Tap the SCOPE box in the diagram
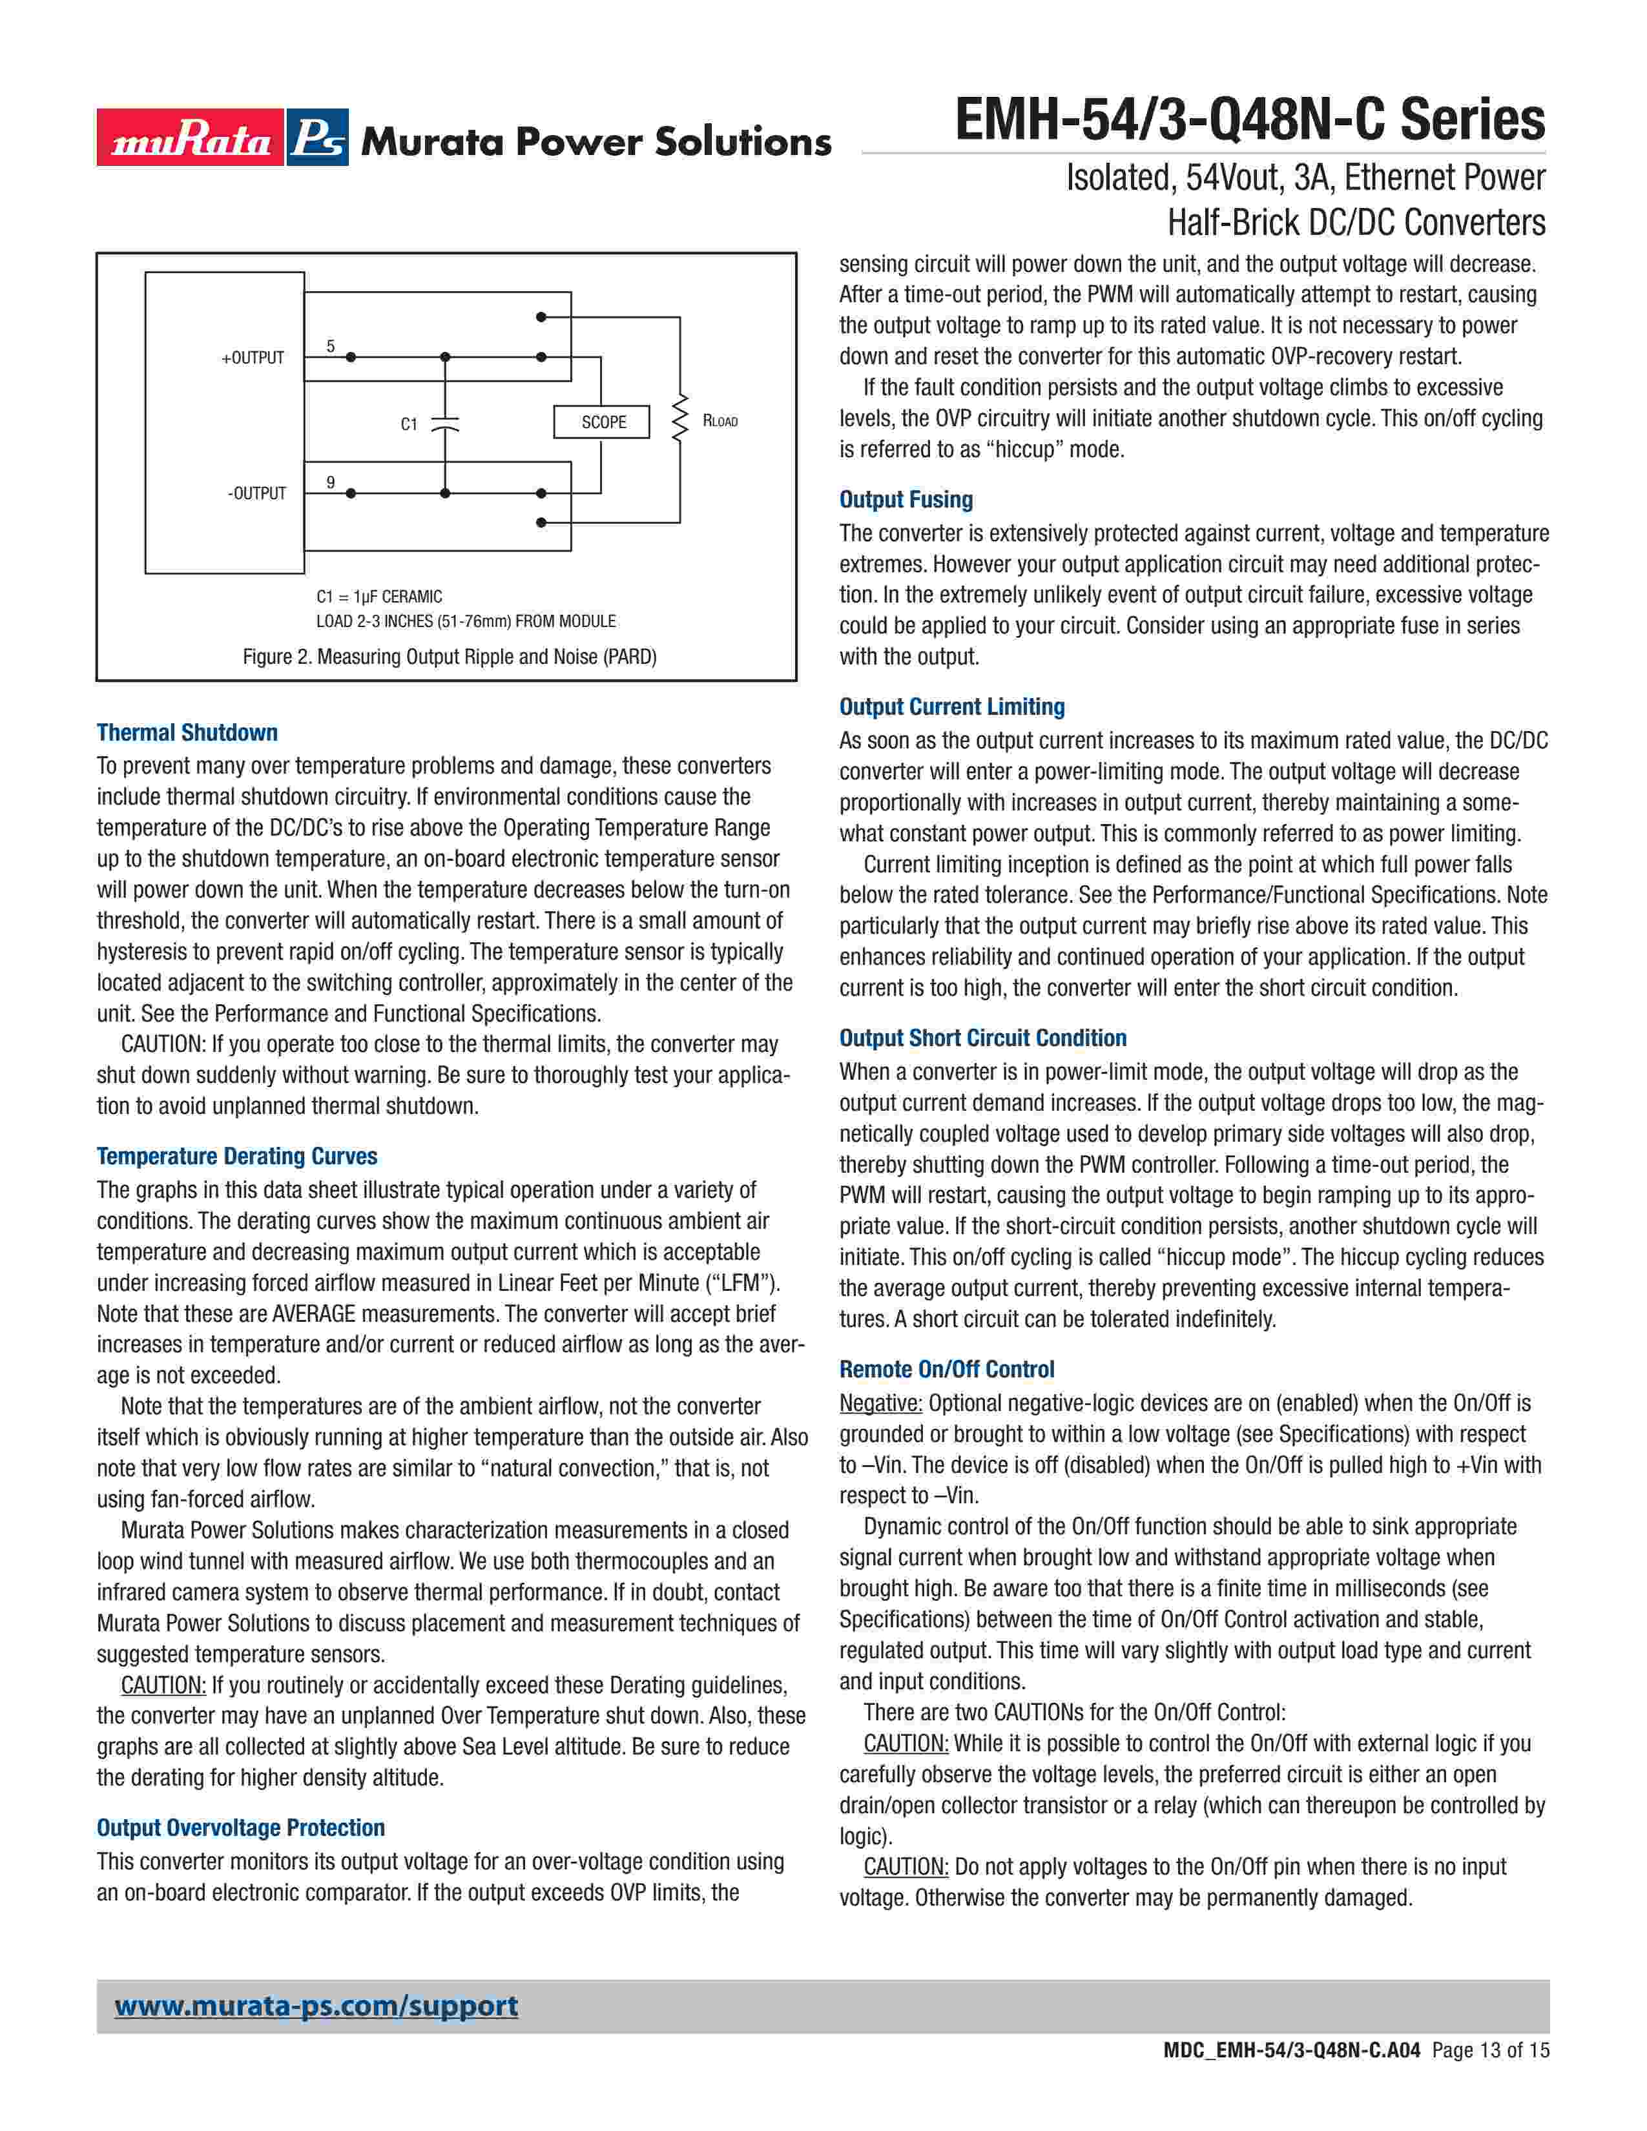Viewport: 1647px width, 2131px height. (602, 422)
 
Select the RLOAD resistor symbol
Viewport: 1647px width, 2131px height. (680, 420)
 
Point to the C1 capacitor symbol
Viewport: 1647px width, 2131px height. (445, 424)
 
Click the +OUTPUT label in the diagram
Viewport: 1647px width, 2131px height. (253, 358)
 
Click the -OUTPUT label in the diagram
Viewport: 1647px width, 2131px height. (256, 494)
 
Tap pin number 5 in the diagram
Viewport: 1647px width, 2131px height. (331, 346)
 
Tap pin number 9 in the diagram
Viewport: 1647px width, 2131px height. (331, 482)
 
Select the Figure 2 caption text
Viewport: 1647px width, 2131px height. (449, 657)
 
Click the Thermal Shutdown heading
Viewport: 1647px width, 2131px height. (187, 733)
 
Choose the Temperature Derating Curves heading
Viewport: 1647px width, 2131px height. (236, 1157)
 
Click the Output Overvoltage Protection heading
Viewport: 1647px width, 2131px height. (240, 1827)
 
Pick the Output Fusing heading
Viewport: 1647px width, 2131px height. (906, 500)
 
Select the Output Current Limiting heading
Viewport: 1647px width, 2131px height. (951, 706)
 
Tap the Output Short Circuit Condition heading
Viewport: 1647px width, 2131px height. (982, 1038)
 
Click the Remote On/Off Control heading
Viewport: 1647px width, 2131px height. (946, 1369)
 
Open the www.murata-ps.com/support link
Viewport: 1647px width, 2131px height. (316, 2006)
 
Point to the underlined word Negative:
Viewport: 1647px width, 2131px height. (880, 1403)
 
